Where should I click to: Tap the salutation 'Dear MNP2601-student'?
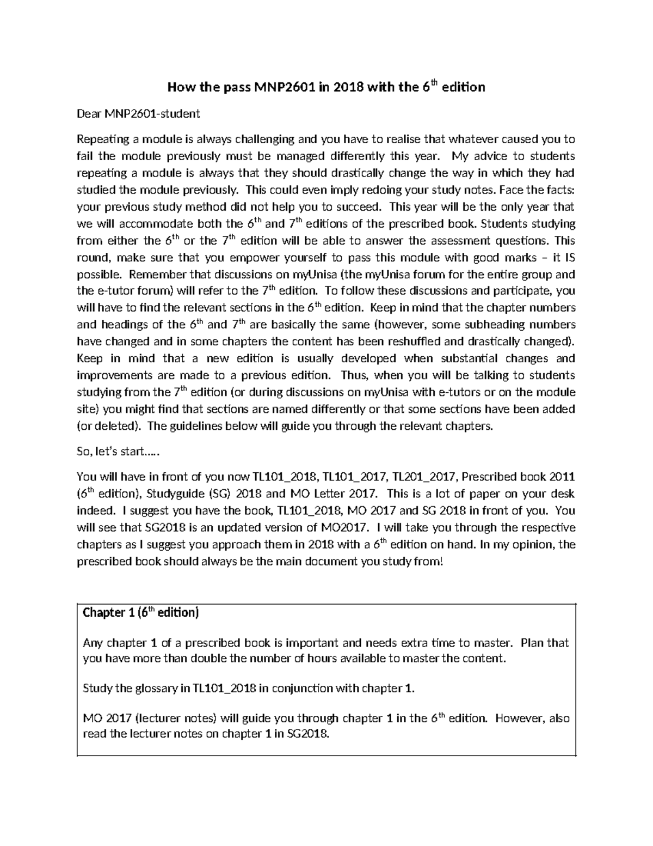tap(138, 114)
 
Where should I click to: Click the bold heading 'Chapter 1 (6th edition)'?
tap(140, 613)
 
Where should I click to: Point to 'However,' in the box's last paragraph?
tap(520, 719)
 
